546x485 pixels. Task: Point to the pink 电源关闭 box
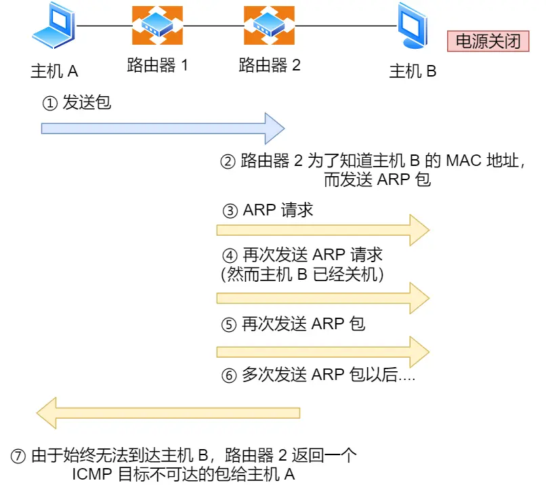[x=488, y=41]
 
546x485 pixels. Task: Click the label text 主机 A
[x=54, y=70]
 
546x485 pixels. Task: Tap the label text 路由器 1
[x=158, y=66]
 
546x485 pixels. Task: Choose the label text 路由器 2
[x=270, y=66]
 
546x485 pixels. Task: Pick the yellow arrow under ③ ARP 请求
[x=322, y=230]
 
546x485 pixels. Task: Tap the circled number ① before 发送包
[x=49, y=104]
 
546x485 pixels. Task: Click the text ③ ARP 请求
[x=268, y=210]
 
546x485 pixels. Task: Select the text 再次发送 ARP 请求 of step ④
[x=312, y=255]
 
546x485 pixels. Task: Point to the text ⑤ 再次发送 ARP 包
[x=293, y=324]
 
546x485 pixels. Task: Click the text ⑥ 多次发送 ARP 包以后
[x=318, y=375]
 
